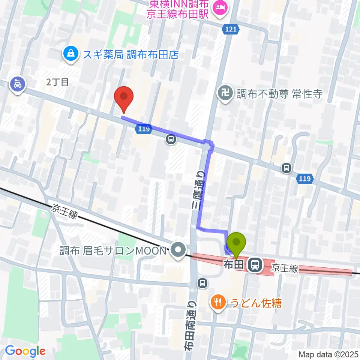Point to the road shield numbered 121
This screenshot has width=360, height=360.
(x=231, y=29)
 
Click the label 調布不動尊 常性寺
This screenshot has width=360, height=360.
(x=279, y=93)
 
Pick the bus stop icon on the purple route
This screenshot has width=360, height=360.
(x=171, y=139)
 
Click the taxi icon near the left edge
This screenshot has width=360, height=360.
(x=17, y=85)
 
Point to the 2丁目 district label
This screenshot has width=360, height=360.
(x=58, y=82)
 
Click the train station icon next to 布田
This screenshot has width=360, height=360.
(x=255, y=265)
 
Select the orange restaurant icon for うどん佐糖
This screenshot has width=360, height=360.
(x=217, y=302)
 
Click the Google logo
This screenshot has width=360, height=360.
(x=25, y=351)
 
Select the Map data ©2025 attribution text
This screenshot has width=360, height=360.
(x=328, y=354)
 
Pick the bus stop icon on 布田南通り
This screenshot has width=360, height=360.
(x=202, y=283)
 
